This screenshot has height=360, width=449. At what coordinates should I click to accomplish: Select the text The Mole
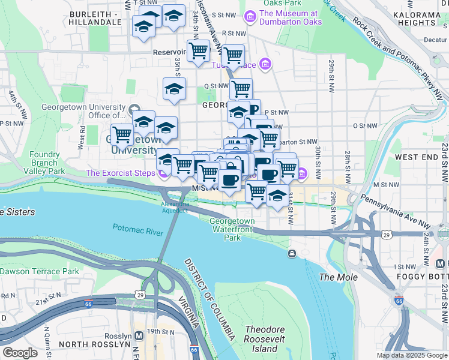pos(338,277)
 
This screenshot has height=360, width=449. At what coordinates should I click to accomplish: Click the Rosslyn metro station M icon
pos(139,335)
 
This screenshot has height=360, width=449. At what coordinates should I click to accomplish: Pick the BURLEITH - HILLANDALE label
pos(100,17)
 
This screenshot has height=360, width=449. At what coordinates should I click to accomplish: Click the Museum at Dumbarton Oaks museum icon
pos(250,14)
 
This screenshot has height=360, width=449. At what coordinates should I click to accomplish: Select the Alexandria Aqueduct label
pos(175,207)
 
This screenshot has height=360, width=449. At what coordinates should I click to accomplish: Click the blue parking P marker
pos(255,109)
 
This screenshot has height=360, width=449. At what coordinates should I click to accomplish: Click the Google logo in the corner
pos(20,352)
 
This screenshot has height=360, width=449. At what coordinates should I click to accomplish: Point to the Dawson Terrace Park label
pos(40,271)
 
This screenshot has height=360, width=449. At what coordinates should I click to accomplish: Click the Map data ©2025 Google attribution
pos(411,355)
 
